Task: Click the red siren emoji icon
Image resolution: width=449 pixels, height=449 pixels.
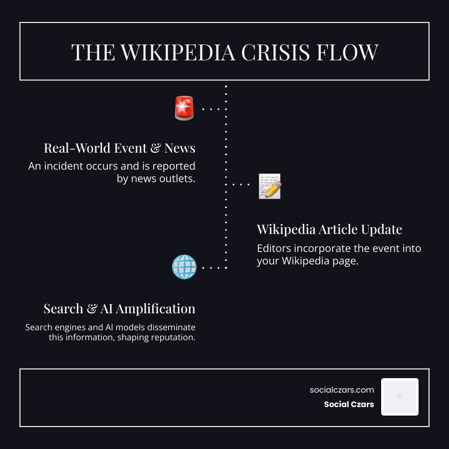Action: coord(184,108)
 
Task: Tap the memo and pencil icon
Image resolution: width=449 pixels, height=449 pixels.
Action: coord(270,187)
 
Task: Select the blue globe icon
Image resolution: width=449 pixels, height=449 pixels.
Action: coord(184,267)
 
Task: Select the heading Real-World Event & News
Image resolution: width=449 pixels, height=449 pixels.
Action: coord(119,148)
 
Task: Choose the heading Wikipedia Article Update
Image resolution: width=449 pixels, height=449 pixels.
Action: coord(329,229)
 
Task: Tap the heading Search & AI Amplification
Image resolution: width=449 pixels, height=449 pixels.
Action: coord(119,309)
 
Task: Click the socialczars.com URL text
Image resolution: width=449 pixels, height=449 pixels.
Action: coord(342,390)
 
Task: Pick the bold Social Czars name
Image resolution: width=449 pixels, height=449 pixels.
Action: coord(349,404)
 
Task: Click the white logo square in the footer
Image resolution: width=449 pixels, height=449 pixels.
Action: coord(400,397)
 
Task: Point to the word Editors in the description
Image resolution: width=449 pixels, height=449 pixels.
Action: coord(273,248)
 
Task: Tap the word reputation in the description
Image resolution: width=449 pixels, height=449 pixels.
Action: coord(170,338)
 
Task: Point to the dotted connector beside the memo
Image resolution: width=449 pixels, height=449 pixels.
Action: coord(241,185)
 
